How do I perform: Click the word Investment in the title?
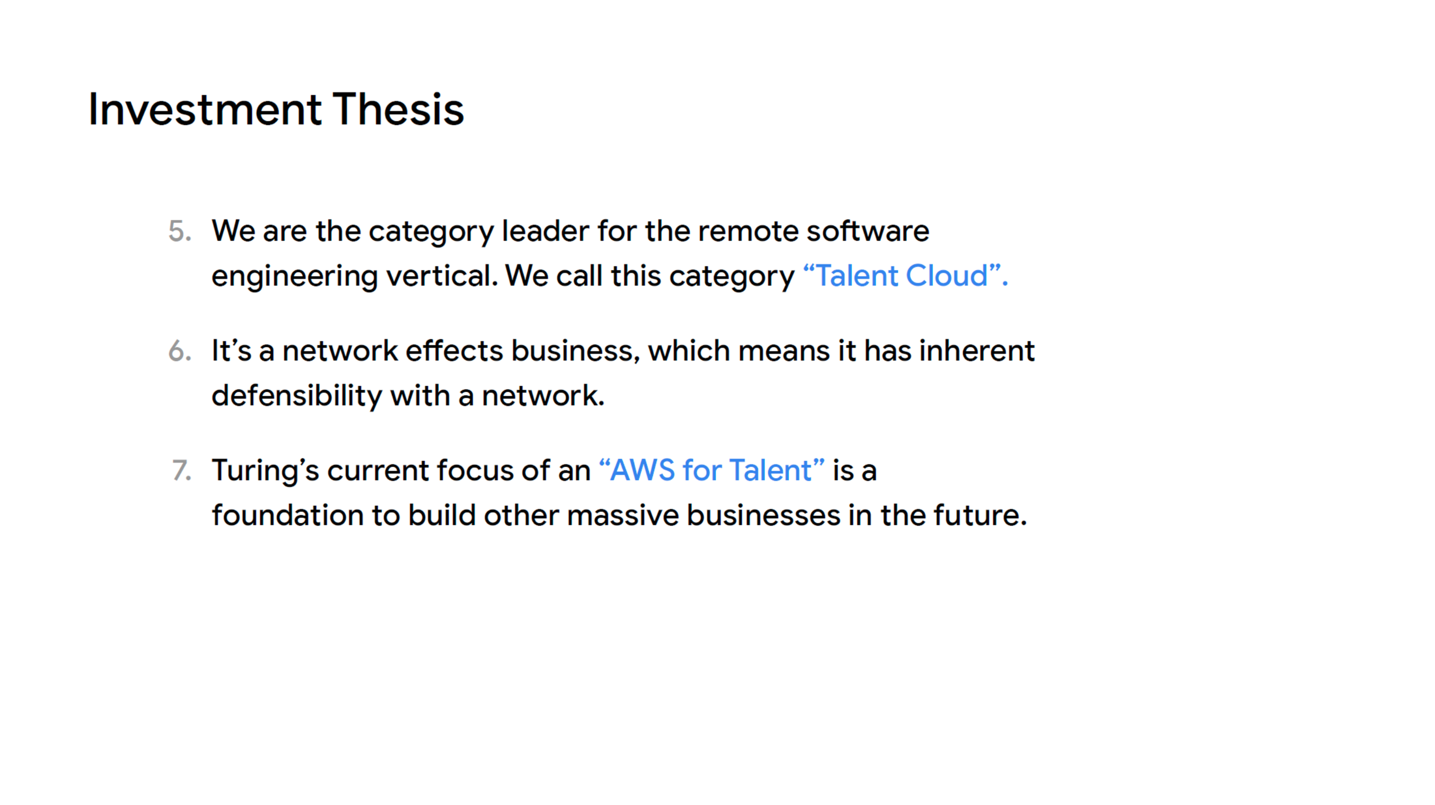pyautogui.click(x=205, y=110)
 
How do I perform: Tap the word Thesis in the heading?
pyautogui.click(x=398, y=110)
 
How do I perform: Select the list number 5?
pyautogui.click(x=180, y=231)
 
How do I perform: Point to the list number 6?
pyautogui.click(x=180, y=351)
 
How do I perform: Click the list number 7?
pyautogui.click(x=181, y=470)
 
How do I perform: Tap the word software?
pyautogui.click(x=868, y=231)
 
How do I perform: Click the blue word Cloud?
pyautogui.click(x=946, y=275)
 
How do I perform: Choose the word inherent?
pyautogui.click(x=976, y=351)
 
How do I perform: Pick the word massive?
pyautogui.click(x=623, y=515)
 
